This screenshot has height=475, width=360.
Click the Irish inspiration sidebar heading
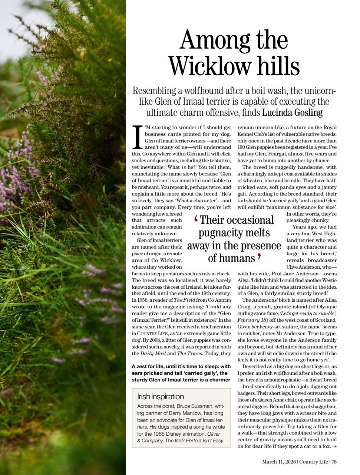160,396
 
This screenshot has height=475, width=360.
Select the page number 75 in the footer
334,462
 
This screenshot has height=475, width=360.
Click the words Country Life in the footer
313,462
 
